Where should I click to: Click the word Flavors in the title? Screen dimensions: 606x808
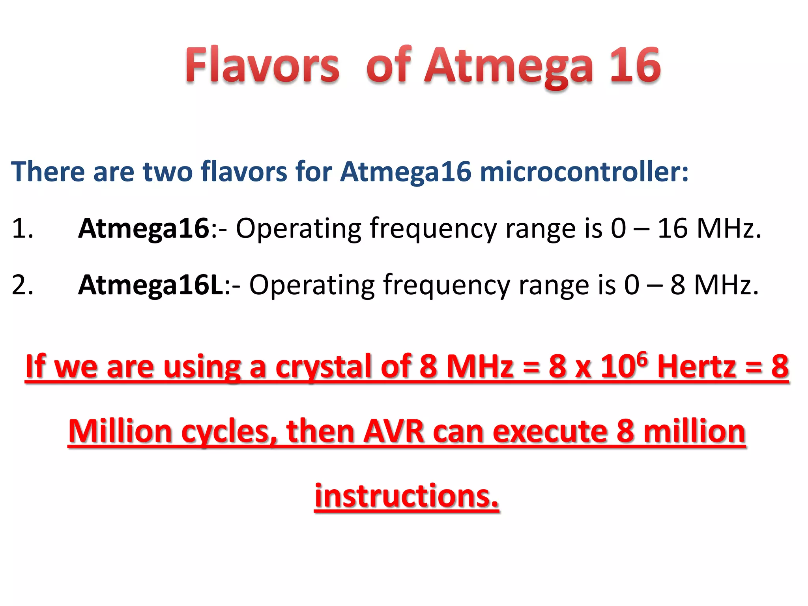(262, 65)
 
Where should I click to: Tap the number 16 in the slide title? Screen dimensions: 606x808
(635, 65)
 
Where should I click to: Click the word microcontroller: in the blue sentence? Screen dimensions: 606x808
(584, 172)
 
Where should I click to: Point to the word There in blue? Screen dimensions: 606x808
(48, 172)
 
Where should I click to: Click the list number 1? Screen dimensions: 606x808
(22, 228)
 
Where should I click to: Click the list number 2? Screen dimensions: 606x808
(22, 285)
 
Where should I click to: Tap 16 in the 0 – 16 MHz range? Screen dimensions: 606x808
(673, 228)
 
